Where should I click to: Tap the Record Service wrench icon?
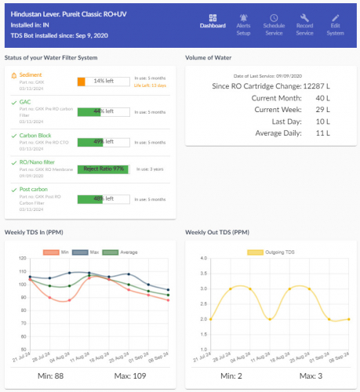point(305,16)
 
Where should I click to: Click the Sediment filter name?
point(31,74)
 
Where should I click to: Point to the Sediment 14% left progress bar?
point(104,81)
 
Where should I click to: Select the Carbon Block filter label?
point(35,135)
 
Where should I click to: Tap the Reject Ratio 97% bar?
point(104,169)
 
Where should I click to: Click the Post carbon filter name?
point(33,189)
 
